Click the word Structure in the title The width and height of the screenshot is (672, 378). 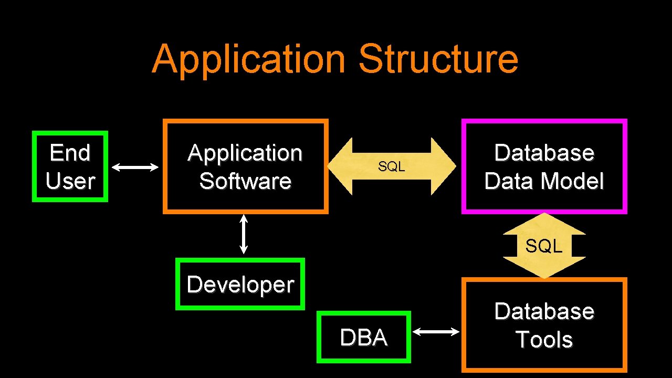438,59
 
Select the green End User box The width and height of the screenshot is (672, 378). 70,166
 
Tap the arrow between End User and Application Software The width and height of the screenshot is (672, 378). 135,167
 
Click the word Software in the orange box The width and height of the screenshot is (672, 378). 245,181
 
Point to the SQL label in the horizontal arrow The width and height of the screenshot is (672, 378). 391,166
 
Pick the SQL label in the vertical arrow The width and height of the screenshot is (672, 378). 544,245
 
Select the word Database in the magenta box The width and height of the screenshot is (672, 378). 544,153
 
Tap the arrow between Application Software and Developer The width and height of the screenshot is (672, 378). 244,234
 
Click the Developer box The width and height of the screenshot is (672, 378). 240,284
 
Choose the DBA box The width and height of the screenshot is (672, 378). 363,338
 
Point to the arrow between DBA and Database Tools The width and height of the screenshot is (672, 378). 436,331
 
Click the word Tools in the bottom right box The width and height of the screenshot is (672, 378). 544,339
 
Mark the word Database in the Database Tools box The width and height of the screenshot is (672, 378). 544,311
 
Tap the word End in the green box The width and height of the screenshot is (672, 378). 70,153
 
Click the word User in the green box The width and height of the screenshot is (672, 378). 70,181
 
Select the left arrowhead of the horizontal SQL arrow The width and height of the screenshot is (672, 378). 339,166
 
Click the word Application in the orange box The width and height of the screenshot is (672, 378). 245,153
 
